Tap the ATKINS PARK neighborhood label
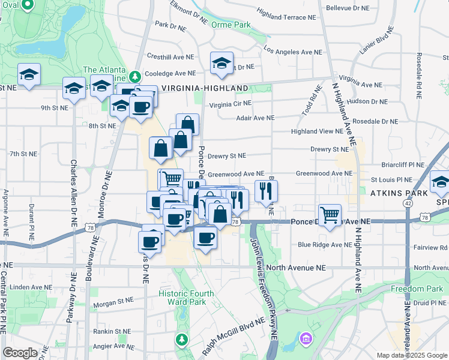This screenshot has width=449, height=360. click(x=399, y=193)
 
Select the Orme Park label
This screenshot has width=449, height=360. click(x=233, y=25)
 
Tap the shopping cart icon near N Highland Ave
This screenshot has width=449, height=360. click(x=330, y=214)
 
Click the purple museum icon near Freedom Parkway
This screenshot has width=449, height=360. click(x=306, y=340)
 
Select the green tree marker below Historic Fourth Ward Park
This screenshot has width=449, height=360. click(x=181, y=340)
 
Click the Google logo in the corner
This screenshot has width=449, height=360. click(x=20, y=353)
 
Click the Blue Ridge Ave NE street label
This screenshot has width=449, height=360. click(x=325, y=245)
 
